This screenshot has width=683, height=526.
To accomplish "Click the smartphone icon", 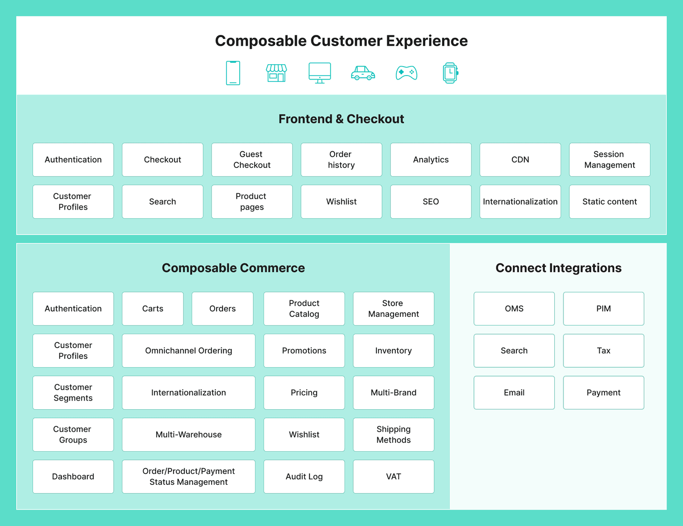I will click(233, 73).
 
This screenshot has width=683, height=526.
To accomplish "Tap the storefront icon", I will click(276, 73).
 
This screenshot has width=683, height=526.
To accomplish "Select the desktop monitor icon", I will click(320, 73).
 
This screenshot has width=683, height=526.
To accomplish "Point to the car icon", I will click(363, 73).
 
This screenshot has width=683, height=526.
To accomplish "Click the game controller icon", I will click(406, 73).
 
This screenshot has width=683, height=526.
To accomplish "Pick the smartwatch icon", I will click(450, 73).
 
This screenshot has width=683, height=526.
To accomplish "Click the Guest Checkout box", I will click(252, 160).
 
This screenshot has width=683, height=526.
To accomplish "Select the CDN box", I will click(520, 160).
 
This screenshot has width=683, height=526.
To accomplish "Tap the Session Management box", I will click(609, 160).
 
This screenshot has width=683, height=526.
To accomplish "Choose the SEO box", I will click(431, 202).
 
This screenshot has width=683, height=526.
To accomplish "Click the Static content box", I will click(609, 202).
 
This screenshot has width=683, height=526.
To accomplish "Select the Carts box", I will click(153, 309).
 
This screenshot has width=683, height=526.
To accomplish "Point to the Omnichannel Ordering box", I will click(188, 351).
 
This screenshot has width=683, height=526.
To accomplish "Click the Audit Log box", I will click(304, 477).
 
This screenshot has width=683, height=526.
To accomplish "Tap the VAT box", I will click(393, 477).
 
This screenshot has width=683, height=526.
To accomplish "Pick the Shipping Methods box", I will click(393, 435).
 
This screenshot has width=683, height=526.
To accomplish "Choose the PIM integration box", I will click(603, 309).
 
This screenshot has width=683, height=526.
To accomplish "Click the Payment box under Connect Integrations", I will click(603, 393).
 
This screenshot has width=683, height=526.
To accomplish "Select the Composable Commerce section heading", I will click(233, 268).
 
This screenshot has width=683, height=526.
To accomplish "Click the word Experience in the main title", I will click(427, 41).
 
